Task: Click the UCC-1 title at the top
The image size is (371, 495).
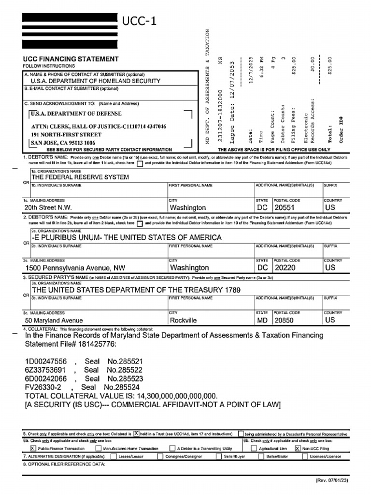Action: click(139, 21)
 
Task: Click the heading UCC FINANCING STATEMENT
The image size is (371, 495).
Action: click(71, 59)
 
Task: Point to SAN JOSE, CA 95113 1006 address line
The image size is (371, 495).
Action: click(63, 143)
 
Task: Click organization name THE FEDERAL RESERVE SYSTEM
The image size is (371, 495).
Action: click(80, 177)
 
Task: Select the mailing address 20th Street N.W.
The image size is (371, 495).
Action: click(48, 207)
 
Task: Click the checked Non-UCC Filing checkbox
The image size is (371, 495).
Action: click(298, 448)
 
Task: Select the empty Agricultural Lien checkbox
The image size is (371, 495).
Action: click(254, 448)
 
